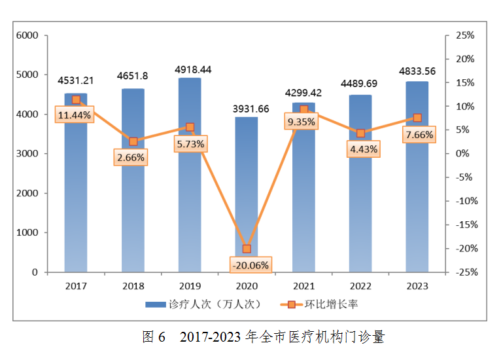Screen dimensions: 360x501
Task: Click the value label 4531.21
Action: pos(76,81)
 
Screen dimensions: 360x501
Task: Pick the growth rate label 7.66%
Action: pos(419,135)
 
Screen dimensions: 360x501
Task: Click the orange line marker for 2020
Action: pos(247,249)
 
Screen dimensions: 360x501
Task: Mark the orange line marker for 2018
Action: pos(133,141)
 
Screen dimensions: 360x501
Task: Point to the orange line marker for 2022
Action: pos(360,133)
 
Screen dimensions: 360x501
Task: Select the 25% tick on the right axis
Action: pos(464,35)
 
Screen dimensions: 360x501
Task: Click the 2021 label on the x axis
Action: pos(303,286)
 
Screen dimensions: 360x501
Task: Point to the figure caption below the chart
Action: pos(264,337)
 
